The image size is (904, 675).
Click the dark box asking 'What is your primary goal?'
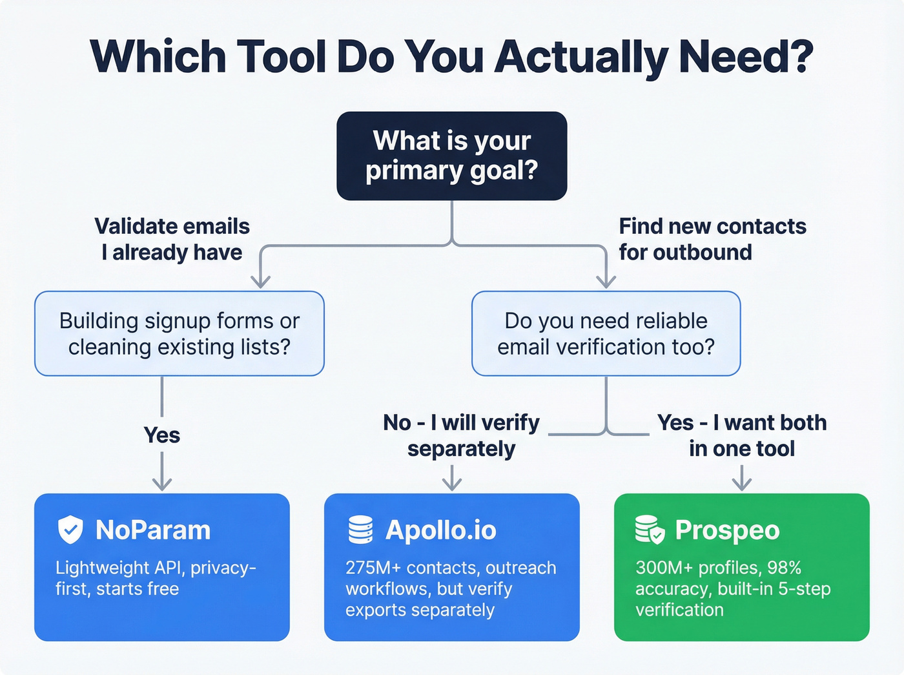[452, 156]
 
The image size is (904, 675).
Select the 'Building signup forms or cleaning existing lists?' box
[180, 333]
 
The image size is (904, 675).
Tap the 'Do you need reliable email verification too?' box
[606, 333]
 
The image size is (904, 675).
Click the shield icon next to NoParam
[70, 530]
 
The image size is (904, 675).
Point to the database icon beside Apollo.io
[360, 530]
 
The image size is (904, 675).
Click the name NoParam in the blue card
[153, 530]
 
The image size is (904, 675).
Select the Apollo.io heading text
[441, 530]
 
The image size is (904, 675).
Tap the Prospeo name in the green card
[727, 530]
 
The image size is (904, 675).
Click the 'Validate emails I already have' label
[172, 239]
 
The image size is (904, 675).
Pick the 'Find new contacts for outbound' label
[712, 239]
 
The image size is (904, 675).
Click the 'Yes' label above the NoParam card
[162, 435]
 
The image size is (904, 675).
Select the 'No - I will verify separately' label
[461, 435]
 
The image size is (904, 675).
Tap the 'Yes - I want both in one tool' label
[742, 435]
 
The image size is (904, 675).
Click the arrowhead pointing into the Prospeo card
[742, 484]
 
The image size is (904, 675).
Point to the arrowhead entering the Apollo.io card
[452, 484]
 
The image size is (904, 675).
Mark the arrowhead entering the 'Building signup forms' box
[260, 282]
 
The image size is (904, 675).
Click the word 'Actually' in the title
[581, 57]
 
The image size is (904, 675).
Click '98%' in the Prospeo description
[785, 568]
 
